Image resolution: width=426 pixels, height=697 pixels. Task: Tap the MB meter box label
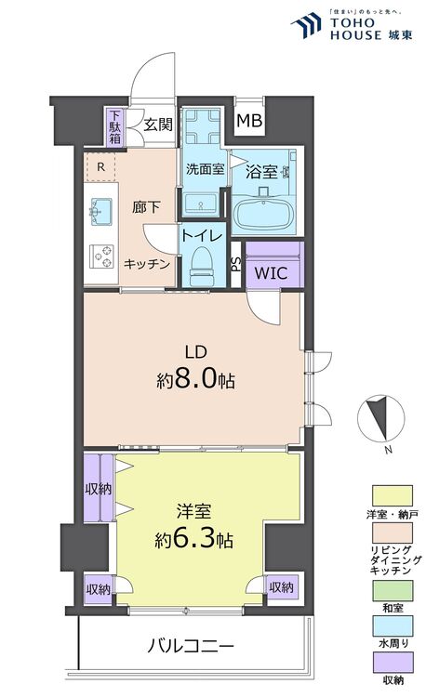pos(248,121)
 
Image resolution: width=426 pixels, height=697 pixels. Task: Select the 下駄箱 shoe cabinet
pos(114,126)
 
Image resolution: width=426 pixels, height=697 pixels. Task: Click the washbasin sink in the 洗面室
pos(199,204)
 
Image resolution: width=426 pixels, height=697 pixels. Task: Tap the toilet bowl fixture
pos(199,270)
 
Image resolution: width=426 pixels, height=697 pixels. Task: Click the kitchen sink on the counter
pos(100,212)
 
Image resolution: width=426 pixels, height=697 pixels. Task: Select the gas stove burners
pos(100,253)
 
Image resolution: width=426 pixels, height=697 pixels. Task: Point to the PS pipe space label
pos(236,263)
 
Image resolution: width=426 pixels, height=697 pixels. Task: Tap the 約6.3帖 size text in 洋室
pos(193,539)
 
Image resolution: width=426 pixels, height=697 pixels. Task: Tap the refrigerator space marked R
pos(100,167)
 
